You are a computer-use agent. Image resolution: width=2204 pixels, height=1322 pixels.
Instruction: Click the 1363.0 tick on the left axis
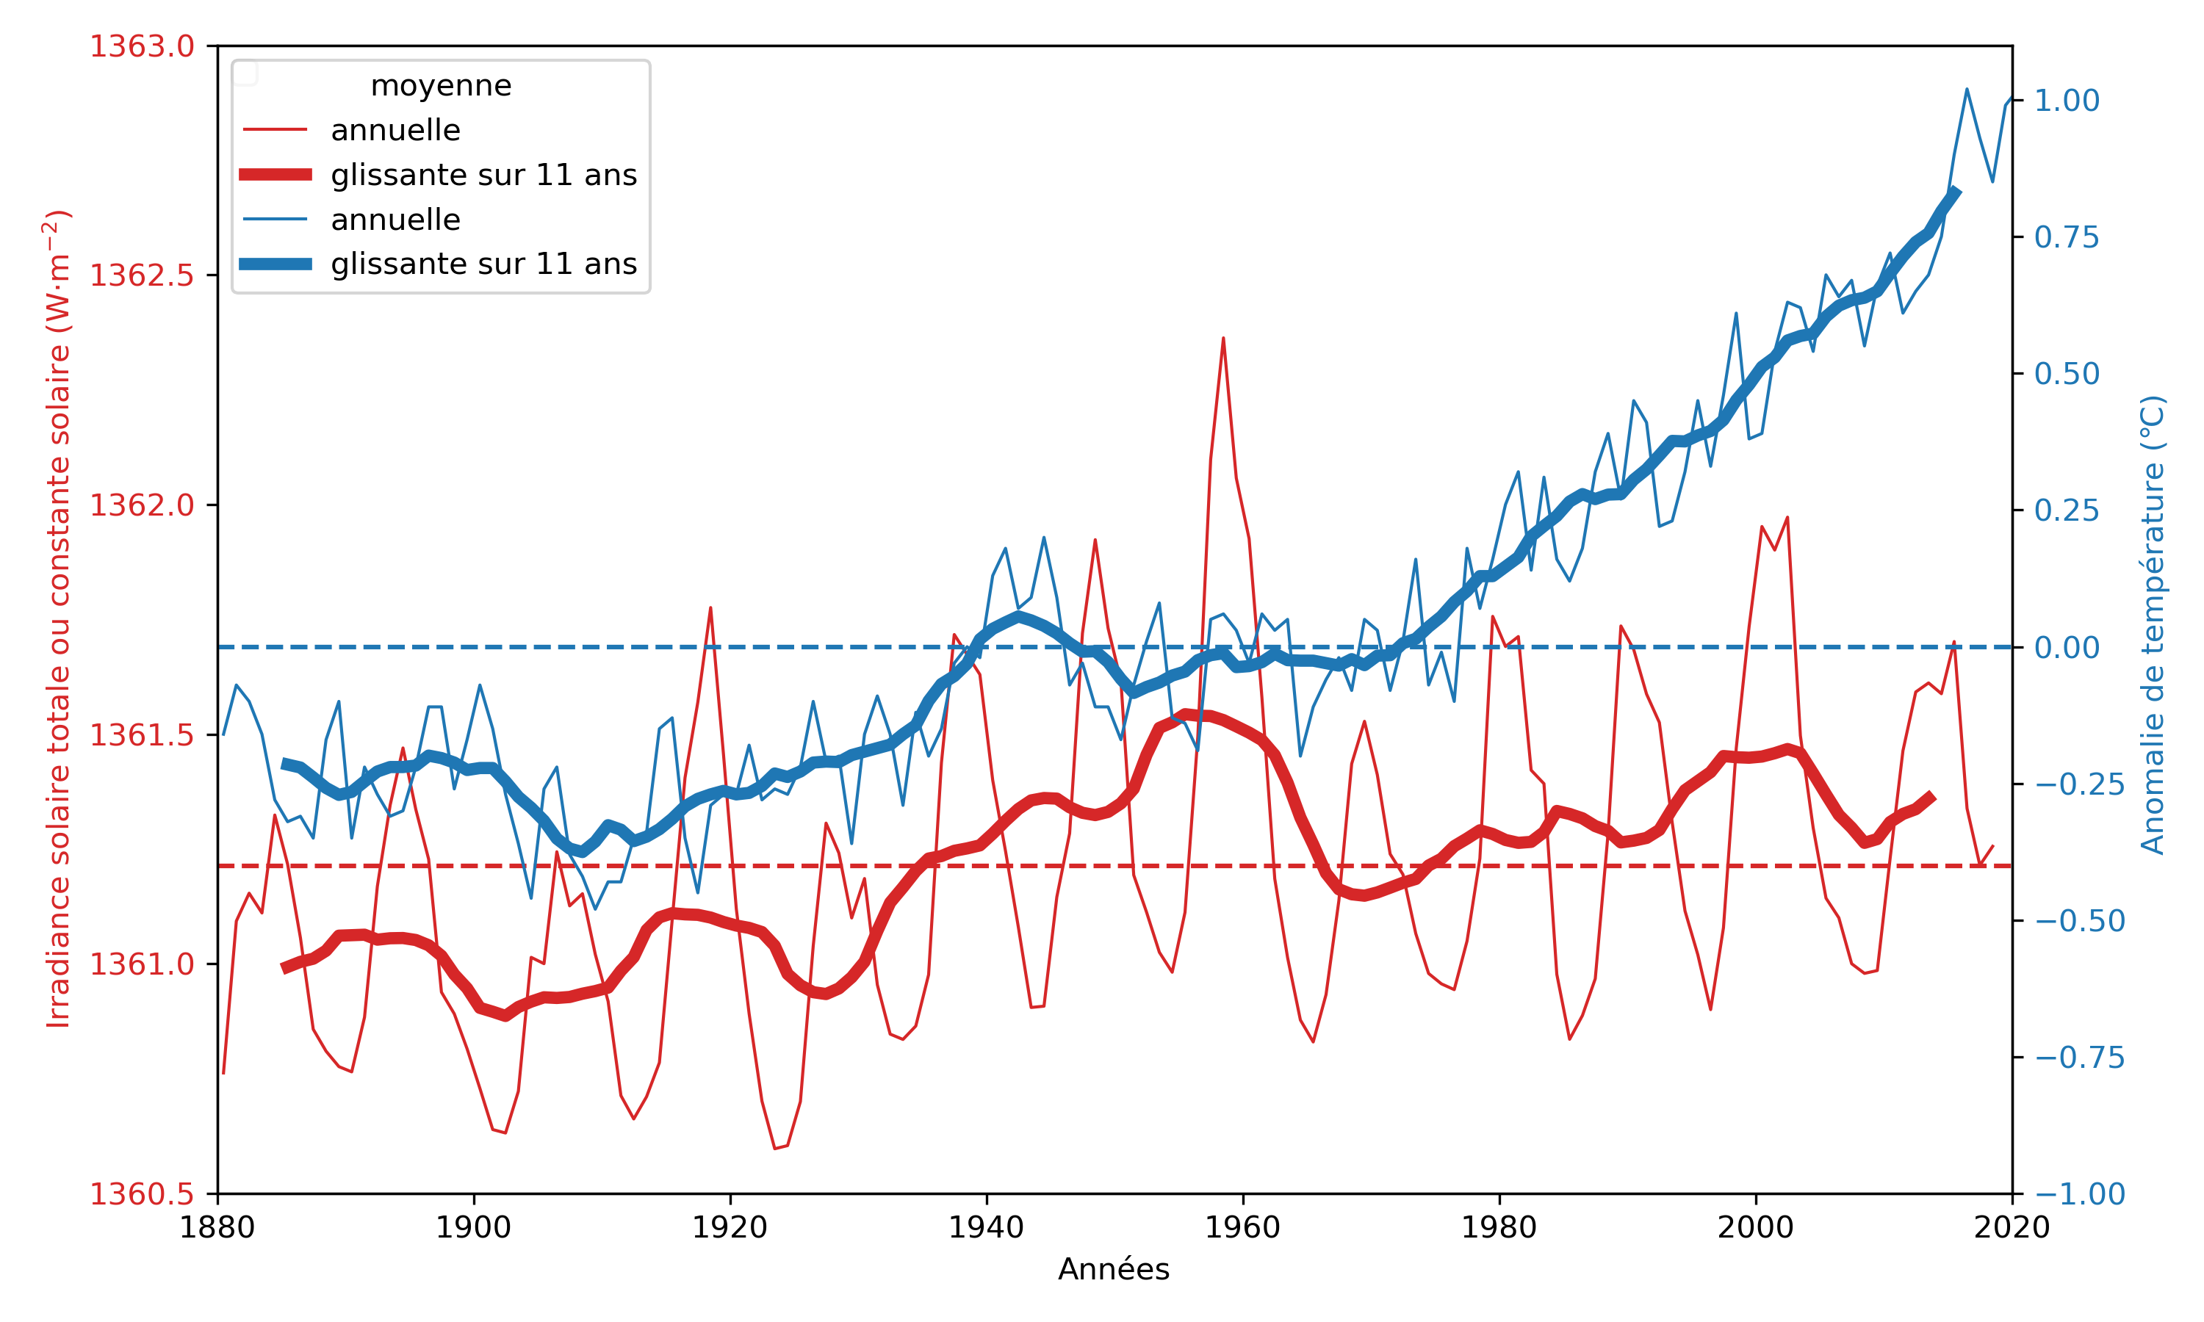click(142, 46)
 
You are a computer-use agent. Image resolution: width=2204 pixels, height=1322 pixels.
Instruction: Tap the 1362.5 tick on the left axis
click(142, 275)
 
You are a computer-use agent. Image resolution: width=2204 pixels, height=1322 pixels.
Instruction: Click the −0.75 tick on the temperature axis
click(2079, 1058)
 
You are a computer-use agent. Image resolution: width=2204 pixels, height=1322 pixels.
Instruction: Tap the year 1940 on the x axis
click(986, 1227)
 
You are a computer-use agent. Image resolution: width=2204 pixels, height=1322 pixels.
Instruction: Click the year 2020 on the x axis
click(2012, 1227)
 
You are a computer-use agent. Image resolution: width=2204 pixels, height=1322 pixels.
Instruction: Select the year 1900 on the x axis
click(473, 1227)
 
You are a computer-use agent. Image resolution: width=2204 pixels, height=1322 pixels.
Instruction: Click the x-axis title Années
click(1114, 1269)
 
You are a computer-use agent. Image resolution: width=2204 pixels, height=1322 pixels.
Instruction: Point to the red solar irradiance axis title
click(58, 619)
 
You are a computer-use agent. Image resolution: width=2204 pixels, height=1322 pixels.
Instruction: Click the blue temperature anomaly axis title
click(2153, 624)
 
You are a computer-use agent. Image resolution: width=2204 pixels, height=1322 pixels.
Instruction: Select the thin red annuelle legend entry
click(395, 130)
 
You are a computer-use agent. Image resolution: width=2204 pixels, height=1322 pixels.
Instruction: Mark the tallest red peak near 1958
click(1223, 339)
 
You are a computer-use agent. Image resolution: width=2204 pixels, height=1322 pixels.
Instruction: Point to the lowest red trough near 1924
click(775, 1148)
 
